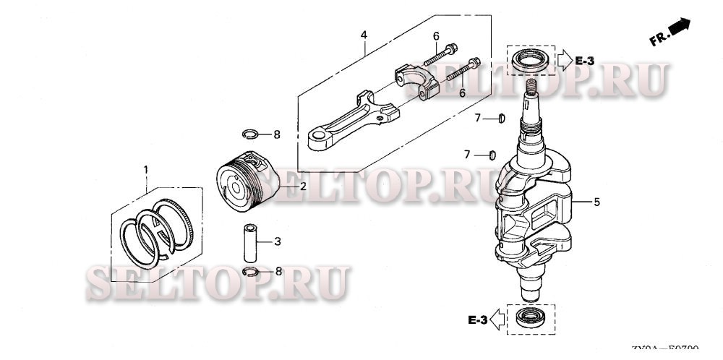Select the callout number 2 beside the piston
(x=304, y=187)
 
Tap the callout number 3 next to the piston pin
(x=278, y=241)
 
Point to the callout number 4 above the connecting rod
(x=364, y=35)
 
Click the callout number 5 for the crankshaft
(x=596, y=202)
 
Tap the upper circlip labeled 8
(x=250, y=133)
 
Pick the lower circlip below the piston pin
(x=250, y=272)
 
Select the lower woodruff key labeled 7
(x=492, y=153)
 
